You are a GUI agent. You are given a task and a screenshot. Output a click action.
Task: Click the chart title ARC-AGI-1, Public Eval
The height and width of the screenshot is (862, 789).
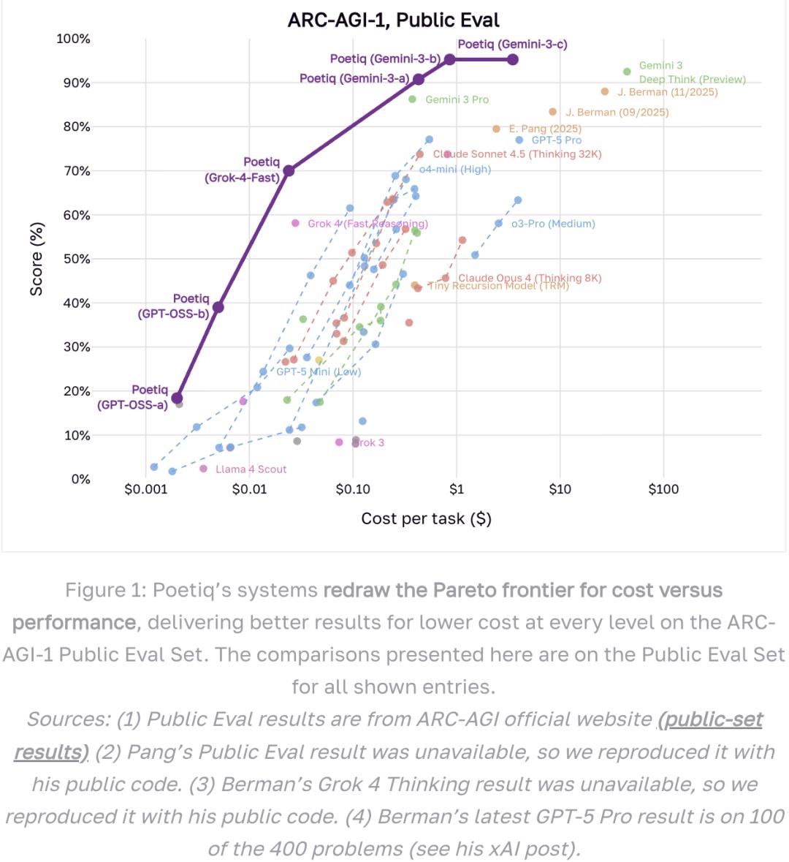click(394, 20)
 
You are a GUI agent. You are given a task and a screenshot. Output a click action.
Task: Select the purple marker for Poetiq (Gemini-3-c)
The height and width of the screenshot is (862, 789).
click(513, 59)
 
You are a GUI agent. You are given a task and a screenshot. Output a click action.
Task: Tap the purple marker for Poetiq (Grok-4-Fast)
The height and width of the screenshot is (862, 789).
click(289, 170)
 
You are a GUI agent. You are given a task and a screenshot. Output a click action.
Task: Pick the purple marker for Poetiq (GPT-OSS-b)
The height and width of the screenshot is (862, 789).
click(218, 307)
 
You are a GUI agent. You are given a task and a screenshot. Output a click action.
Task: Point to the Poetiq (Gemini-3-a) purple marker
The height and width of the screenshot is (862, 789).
click(419, 79)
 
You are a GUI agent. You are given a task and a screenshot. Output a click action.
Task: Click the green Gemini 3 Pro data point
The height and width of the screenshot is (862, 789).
click(412, 99)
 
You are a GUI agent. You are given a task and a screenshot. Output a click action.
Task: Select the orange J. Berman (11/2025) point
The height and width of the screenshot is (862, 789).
click(605, 91)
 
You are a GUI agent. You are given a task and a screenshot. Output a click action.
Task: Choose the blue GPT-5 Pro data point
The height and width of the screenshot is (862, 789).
click(519, 140)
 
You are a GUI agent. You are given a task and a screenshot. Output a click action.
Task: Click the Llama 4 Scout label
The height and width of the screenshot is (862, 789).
click(251, 469)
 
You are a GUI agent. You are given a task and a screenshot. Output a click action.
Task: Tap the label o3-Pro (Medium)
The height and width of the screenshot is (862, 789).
click(553, 224)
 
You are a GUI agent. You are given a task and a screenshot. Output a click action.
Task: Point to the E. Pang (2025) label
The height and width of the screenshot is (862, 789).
click(545, 129)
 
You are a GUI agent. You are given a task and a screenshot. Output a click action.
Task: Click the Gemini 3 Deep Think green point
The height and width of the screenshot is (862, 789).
click(627, 72)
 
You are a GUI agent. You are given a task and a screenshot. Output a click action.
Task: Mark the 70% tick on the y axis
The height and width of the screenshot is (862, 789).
click(75, 171)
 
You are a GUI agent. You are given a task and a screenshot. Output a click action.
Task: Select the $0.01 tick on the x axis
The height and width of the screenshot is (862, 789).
click(250, 489)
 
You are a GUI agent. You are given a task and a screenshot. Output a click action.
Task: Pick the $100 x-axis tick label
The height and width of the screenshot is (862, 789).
click(663, 489)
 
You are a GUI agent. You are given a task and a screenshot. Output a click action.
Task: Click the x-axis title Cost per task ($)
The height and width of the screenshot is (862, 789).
click(426, 518)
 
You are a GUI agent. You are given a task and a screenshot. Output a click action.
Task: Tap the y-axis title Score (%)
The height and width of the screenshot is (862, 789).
click(37, 259)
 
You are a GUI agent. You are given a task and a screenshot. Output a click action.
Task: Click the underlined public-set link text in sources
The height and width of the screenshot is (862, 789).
click(710, 719)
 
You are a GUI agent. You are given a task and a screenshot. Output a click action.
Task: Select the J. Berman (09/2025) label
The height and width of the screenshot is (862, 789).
click(617, 113)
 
